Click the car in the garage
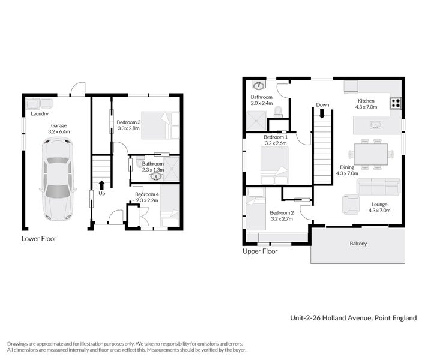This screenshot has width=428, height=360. tap(58, 178)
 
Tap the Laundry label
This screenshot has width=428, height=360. tap(39, 113)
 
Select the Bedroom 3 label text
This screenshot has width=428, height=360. tap(128, 122)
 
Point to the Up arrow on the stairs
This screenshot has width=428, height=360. tap(101, 185)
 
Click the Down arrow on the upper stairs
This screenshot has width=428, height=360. tap(323, 112)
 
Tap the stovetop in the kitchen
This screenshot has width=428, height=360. tap(396, 103)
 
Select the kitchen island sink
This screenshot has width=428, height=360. tap(376, 125)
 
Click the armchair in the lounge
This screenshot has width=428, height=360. tap(351, 204)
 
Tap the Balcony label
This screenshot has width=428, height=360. tap(358, 244)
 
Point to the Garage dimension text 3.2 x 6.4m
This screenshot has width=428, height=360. tap(59, 131)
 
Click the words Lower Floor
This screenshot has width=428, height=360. tap(39, 238)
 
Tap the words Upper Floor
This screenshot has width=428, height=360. tap(260, 251)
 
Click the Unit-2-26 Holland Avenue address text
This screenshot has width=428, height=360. tap(353, 317)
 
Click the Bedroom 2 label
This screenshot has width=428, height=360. tap(282, 213)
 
